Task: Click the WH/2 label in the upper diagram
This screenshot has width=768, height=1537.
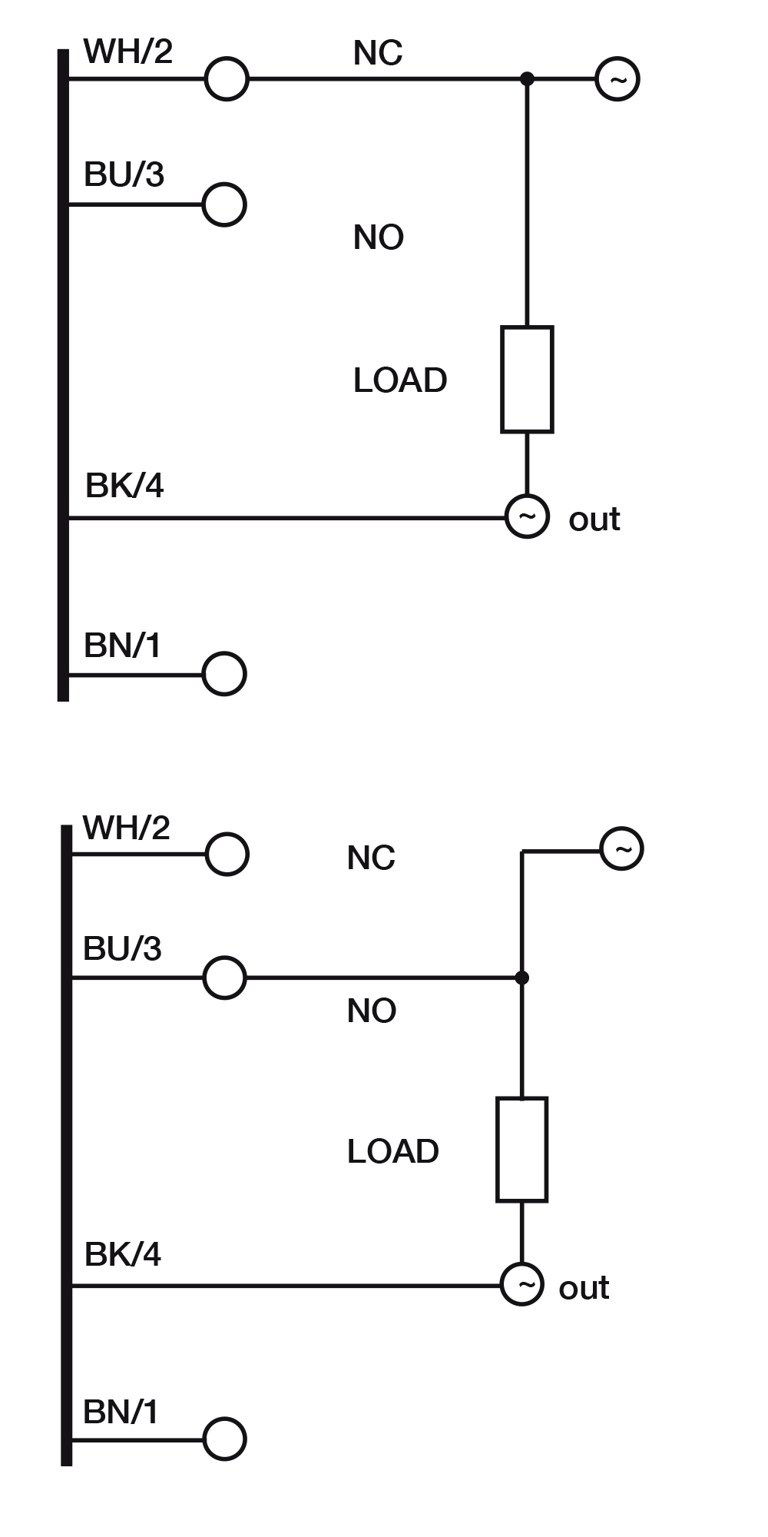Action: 128,52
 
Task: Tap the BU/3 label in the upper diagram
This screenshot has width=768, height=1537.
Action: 124,175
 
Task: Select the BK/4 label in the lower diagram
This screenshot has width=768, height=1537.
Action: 123,1254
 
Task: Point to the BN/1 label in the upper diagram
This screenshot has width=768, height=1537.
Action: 123,646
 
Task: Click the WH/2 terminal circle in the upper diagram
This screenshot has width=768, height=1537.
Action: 227,78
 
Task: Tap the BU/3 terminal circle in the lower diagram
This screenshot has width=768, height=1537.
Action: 225,978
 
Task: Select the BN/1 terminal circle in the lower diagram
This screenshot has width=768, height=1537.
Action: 225,1439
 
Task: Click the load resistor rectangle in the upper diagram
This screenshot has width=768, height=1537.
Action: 527,380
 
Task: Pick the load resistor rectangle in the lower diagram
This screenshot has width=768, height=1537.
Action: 522,1150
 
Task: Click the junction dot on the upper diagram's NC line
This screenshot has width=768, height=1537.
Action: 527,78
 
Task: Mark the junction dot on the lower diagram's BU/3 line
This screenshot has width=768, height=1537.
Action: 522,978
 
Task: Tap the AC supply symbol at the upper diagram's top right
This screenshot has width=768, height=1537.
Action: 617,78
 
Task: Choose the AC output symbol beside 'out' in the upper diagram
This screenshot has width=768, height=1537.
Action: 527,516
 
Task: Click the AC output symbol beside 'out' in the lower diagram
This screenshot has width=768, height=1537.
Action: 522,1284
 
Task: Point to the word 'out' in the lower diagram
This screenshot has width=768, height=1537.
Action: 584,1288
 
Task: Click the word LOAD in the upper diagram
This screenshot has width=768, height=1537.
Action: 400,380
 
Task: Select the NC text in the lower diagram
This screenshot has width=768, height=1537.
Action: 371,858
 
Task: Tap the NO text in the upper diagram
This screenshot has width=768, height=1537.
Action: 379,237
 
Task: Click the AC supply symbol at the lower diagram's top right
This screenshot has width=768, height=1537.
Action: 621,848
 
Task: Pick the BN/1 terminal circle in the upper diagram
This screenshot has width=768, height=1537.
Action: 225,674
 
